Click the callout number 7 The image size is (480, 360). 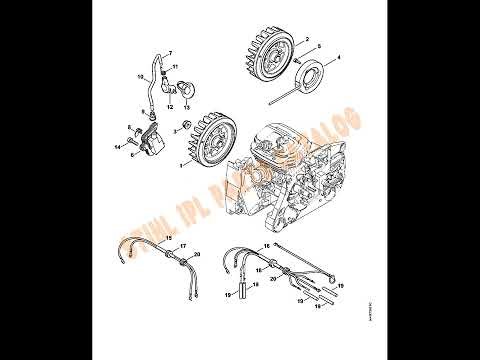point(170,51)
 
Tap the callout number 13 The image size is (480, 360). point(187,106)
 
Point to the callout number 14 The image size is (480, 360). point(117,147)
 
